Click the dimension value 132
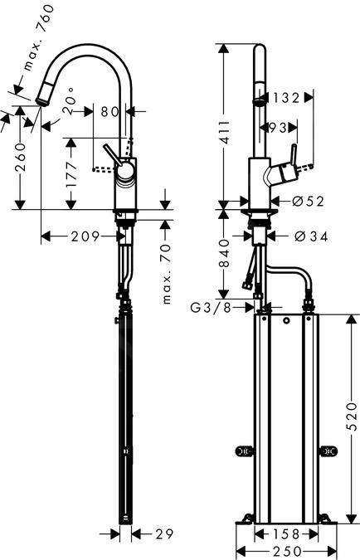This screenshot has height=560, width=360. click(285, 98)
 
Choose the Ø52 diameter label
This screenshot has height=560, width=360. click(308, 200)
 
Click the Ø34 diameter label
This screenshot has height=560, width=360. click(309, 236)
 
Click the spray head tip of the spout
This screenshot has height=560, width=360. click(41, 100)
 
